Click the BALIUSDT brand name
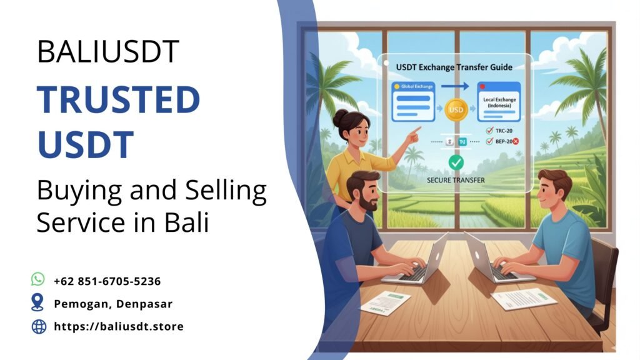coord(108,51)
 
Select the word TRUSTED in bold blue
coord(118,101)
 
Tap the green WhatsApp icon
coord(39,279)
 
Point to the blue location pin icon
coord(38,303)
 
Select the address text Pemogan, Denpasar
coord(113,304)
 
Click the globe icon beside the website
coord(39,326)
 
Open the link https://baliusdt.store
coord(119,326)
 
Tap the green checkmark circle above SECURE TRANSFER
coord(456,162)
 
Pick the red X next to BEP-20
coord(516,142)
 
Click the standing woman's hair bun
coord(340,116)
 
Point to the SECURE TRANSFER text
coord(456,180)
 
